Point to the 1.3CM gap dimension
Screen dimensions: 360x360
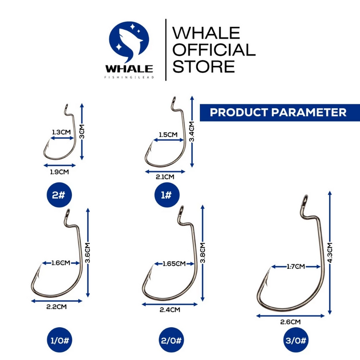pyautogui.click(x=60, y=133)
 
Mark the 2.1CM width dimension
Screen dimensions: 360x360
pyautogui.click(x=166, y=177)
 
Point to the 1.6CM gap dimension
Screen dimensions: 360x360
pyautogui.click(x=60, y=263)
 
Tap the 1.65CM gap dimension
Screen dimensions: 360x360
pyautogui.click(x=174, y=263)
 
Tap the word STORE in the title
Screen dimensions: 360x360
pyautogui.click(x=203, y=66)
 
